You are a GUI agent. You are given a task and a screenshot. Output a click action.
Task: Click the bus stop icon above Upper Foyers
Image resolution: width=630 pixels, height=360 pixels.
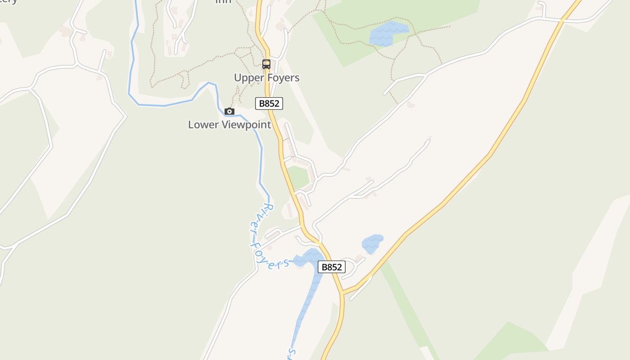coord(266,64)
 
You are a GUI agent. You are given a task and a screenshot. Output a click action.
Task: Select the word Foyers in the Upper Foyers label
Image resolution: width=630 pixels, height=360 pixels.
coord(283,78)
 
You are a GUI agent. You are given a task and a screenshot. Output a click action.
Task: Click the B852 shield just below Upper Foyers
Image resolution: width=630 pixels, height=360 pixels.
coord(269,103)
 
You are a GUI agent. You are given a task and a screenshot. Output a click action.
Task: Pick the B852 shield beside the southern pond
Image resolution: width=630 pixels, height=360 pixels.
coord(332,267)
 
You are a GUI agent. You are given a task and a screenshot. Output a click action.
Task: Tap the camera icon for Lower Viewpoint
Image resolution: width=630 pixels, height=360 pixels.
coord(229,111)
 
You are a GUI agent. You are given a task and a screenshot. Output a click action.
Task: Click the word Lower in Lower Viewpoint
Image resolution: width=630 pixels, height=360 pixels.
coord(202,125)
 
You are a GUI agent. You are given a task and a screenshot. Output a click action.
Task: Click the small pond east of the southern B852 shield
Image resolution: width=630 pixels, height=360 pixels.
coord(372,243)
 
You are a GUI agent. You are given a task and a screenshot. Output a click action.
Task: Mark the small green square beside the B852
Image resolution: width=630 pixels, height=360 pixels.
coord(298,177)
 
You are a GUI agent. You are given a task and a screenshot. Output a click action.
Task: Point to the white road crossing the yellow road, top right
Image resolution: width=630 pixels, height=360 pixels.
coord(562,20)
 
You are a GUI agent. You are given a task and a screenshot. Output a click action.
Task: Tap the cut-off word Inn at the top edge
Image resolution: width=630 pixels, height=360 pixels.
coord(223,1)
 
